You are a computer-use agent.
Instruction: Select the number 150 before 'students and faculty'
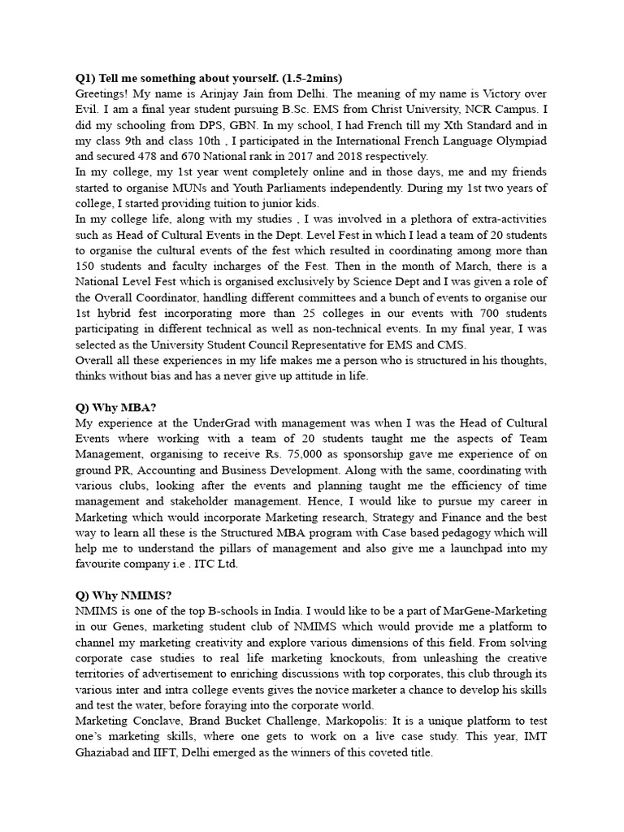tap(88, 266)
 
